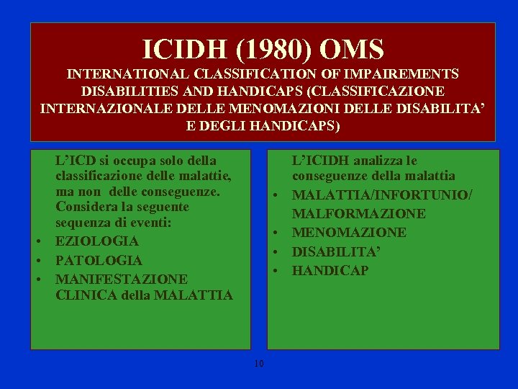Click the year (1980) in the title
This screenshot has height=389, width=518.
(x=273, y=50)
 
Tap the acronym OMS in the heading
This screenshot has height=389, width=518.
(x=352, y=49)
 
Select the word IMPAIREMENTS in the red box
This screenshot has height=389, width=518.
(x=401, y=73)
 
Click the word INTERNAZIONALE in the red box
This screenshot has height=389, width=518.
(x=106, y=109)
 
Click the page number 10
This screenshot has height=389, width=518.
(x=259, y=364)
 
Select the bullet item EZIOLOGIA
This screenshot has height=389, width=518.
(x=97, y=241)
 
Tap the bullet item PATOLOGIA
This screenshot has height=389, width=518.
(x=99, y=260)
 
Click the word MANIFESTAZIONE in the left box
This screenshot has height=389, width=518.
(x=122, y=280)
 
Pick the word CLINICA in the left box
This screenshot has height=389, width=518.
(x=86, y=295)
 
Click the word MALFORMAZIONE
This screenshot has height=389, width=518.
(x=359, y=214)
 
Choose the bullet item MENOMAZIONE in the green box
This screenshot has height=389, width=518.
(x=349, y=233)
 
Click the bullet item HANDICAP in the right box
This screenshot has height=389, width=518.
(x=330, y=271)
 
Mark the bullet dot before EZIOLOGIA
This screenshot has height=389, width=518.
(x=39, y=241)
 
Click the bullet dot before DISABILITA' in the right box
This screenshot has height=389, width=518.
(x=275, y=252)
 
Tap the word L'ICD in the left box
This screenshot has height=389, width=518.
(x=76, y=161)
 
